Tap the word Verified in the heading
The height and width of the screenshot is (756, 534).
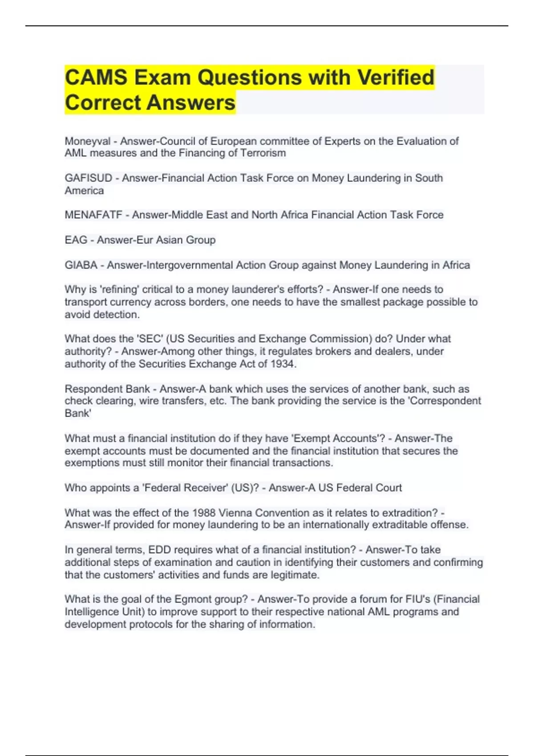[x=396, y=77]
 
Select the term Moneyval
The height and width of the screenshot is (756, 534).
[x=87, y=141]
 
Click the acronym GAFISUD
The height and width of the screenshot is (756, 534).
[x=88, y=178]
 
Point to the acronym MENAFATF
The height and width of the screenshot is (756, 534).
[x=93, y=215]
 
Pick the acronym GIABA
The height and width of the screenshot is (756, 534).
[x=81, y=265]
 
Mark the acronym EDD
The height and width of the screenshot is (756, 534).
[x=158, y=550]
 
